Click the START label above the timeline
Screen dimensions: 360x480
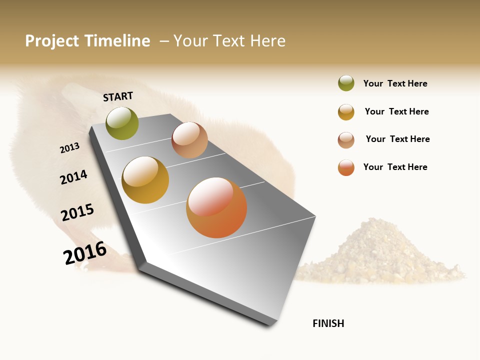[x=118, y=96]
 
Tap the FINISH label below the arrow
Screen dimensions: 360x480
[x=328, y=323]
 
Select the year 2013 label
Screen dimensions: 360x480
[x=69, y=148]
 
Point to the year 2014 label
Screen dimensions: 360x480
[x=73, y=177]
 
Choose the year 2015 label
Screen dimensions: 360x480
[x=77, y=212]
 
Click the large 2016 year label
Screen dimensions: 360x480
[x=85, y=253]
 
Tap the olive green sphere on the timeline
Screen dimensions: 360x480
[x=122, y=123]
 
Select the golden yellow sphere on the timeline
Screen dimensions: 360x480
[x=145, y=180]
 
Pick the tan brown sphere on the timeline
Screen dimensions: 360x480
[x=189, y=140]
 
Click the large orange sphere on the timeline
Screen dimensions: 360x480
[x=216, y=207]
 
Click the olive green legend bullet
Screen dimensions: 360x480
[x=346, y=83]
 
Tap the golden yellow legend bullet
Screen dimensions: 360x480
[x=346, y=112]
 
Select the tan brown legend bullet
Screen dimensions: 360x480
[x=346, y=140]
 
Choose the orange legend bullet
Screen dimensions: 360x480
[x=346, y=167]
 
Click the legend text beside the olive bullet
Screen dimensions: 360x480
[x=395, y=83]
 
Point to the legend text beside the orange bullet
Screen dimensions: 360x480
[x=395, y=167]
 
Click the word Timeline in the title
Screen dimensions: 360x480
[x=117, y=41]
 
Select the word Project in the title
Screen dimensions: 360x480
[x=52, y=41]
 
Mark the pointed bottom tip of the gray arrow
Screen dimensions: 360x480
[x=270, y=325]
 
